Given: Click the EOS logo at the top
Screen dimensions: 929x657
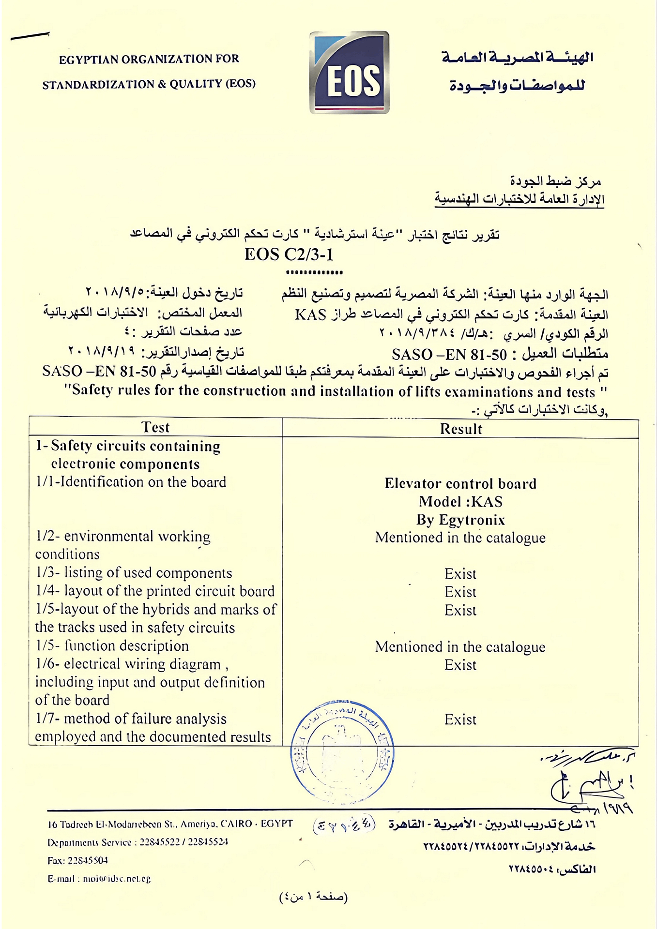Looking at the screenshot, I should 349,73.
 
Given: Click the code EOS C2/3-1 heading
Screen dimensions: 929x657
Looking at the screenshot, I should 289,255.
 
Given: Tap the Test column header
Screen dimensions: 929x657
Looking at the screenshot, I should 155,427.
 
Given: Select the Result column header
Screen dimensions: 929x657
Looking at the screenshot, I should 460,429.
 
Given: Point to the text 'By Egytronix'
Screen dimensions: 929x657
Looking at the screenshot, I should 460,520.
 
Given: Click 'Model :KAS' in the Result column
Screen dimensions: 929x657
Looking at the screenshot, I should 460,502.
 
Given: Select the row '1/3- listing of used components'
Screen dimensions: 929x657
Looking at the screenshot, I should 134,573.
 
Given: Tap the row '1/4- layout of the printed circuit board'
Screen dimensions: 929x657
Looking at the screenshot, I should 155,591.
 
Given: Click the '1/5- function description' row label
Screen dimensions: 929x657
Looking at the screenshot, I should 112,646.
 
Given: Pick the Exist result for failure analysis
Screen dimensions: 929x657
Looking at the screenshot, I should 460,720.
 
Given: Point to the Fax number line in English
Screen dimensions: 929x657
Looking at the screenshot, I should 77,860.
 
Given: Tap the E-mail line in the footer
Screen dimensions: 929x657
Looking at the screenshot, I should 99,879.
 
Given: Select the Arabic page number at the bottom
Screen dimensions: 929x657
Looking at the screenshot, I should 314,897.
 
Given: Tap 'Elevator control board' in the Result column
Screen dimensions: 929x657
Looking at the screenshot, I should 460,484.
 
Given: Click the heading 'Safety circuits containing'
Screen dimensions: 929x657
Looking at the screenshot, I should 128,446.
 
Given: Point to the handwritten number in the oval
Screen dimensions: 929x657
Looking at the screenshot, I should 344,825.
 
